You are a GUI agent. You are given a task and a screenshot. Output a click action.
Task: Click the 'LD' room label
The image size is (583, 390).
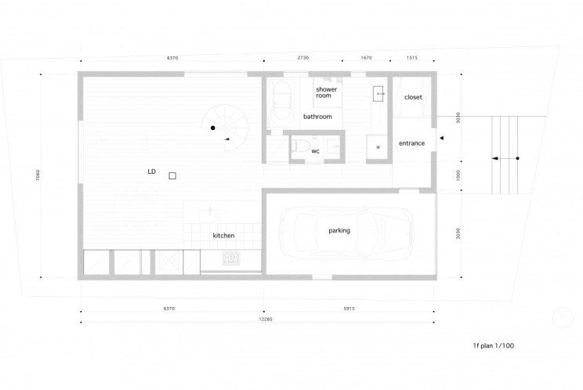point(151,170)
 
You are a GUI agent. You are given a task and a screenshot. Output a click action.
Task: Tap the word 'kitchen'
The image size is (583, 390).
point(223,236)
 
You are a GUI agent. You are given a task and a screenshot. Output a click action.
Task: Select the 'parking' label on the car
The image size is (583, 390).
point(339,230)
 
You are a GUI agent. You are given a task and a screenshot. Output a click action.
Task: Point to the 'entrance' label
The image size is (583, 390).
point(411,143)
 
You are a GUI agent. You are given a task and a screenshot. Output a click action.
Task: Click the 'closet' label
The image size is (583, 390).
point(413,97)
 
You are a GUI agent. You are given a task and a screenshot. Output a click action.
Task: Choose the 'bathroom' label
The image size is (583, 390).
point(317,117)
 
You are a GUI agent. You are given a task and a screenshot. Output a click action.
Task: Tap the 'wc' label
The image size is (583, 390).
point(315,150)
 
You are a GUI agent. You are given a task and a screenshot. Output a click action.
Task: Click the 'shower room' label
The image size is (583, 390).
point(327,93)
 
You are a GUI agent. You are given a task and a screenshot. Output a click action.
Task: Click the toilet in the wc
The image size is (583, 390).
point(299,146)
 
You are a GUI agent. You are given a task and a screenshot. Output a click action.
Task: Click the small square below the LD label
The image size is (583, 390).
point(172,177)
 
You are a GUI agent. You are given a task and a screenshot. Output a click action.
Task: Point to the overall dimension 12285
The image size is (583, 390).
point(256,320)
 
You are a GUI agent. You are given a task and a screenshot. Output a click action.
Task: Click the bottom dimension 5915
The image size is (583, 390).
point(349,309)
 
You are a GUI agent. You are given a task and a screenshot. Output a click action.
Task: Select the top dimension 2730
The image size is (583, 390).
point(302,58)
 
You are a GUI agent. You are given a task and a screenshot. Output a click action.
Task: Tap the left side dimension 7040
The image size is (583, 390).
point(37,175)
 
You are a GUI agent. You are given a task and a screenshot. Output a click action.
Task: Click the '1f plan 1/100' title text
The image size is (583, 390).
point(494,345)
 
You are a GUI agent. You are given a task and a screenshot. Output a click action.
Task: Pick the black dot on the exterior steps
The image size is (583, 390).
point(518,159)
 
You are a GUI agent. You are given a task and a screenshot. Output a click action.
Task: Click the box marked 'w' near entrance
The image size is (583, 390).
point(378,146)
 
